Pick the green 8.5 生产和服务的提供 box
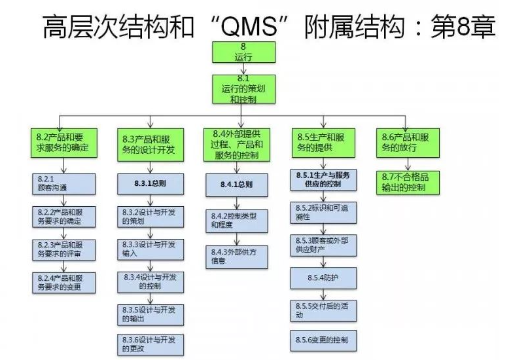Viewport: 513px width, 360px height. [x=323, y=143]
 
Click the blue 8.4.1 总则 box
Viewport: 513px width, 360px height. [x=236, y=184]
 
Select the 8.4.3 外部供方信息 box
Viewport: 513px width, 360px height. [x=236, y=256]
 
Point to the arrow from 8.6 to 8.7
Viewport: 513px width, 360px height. [x=406, y=164]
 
